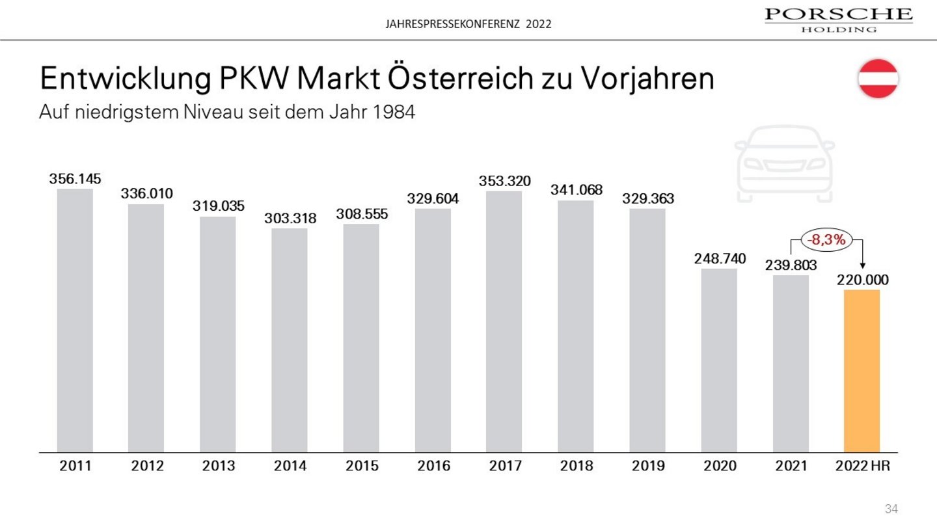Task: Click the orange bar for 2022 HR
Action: pos(862,370)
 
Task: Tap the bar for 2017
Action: pos(504,321)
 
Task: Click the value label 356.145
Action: pos(75,179)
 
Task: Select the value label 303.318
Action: pos(290,219)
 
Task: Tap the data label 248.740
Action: pos(719,259)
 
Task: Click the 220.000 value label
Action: pos(862,280)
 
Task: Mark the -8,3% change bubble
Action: pos(826,239)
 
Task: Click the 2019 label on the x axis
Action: pos(647,466)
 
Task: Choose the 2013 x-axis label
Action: pos(218,466)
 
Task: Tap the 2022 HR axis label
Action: pos(862,466)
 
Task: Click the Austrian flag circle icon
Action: pos(878,79)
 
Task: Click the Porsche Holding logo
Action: pos(838,19)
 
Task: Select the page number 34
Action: pos(891,508)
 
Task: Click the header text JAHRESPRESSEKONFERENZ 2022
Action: pos(468,24)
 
